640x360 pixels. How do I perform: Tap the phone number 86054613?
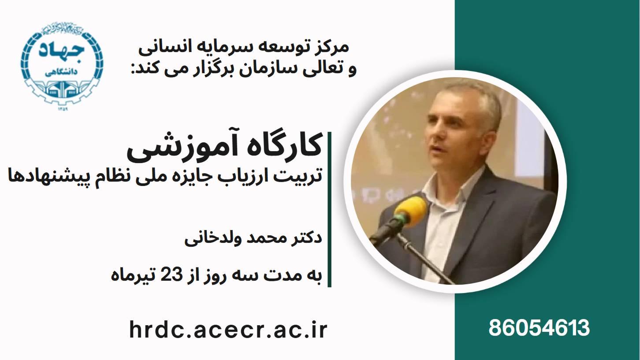coord(539,328)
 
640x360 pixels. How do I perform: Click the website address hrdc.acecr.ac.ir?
coord(228,330)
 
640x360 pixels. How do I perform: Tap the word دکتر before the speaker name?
coord(304,237)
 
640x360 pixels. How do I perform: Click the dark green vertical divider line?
coord(329,209)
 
